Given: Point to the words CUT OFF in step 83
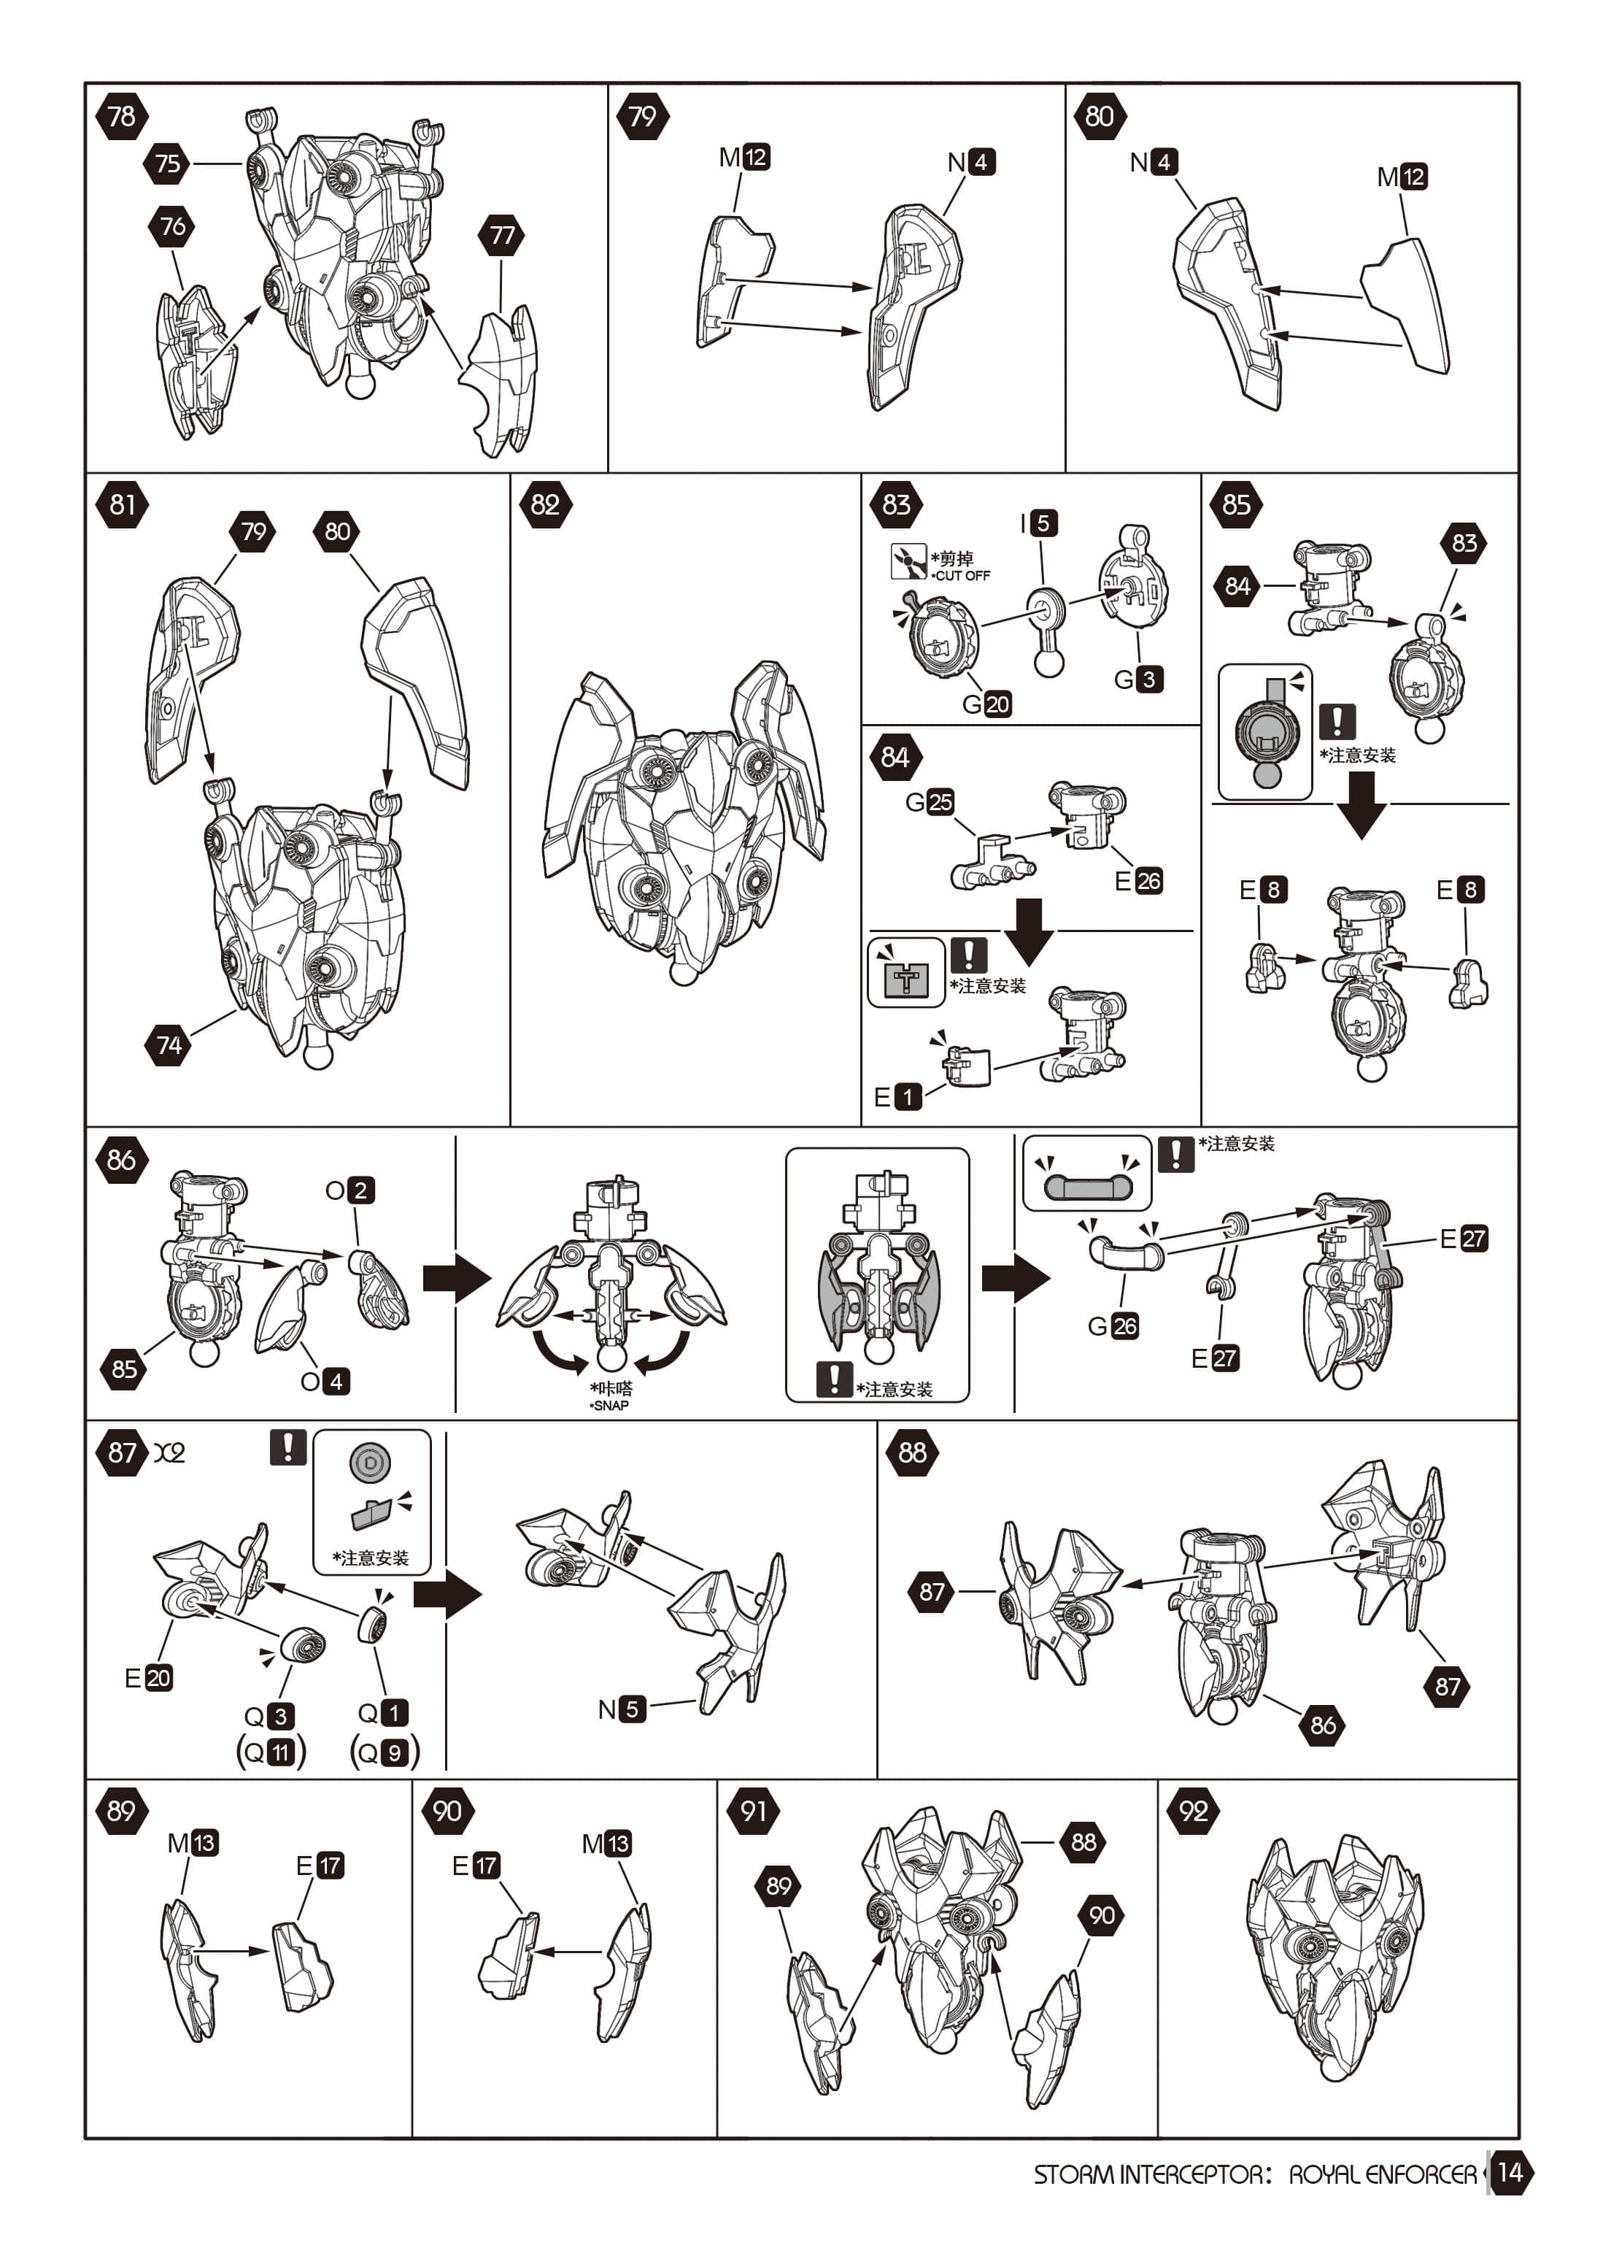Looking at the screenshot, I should [962, 576].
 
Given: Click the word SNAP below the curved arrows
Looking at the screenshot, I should [610, 1405].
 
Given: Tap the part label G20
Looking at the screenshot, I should [986, 704].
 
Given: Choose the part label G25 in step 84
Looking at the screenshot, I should [930, 801].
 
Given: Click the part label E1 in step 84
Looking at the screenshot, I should [897, 1096].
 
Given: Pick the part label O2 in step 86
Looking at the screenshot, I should [350, 1190].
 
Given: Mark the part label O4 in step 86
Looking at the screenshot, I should [325, 1380].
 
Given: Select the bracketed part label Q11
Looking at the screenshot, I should [271, 1752].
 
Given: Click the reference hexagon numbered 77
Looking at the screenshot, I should [501, 235].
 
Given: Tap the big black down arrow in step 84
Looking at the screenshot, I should [1029, 929].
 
